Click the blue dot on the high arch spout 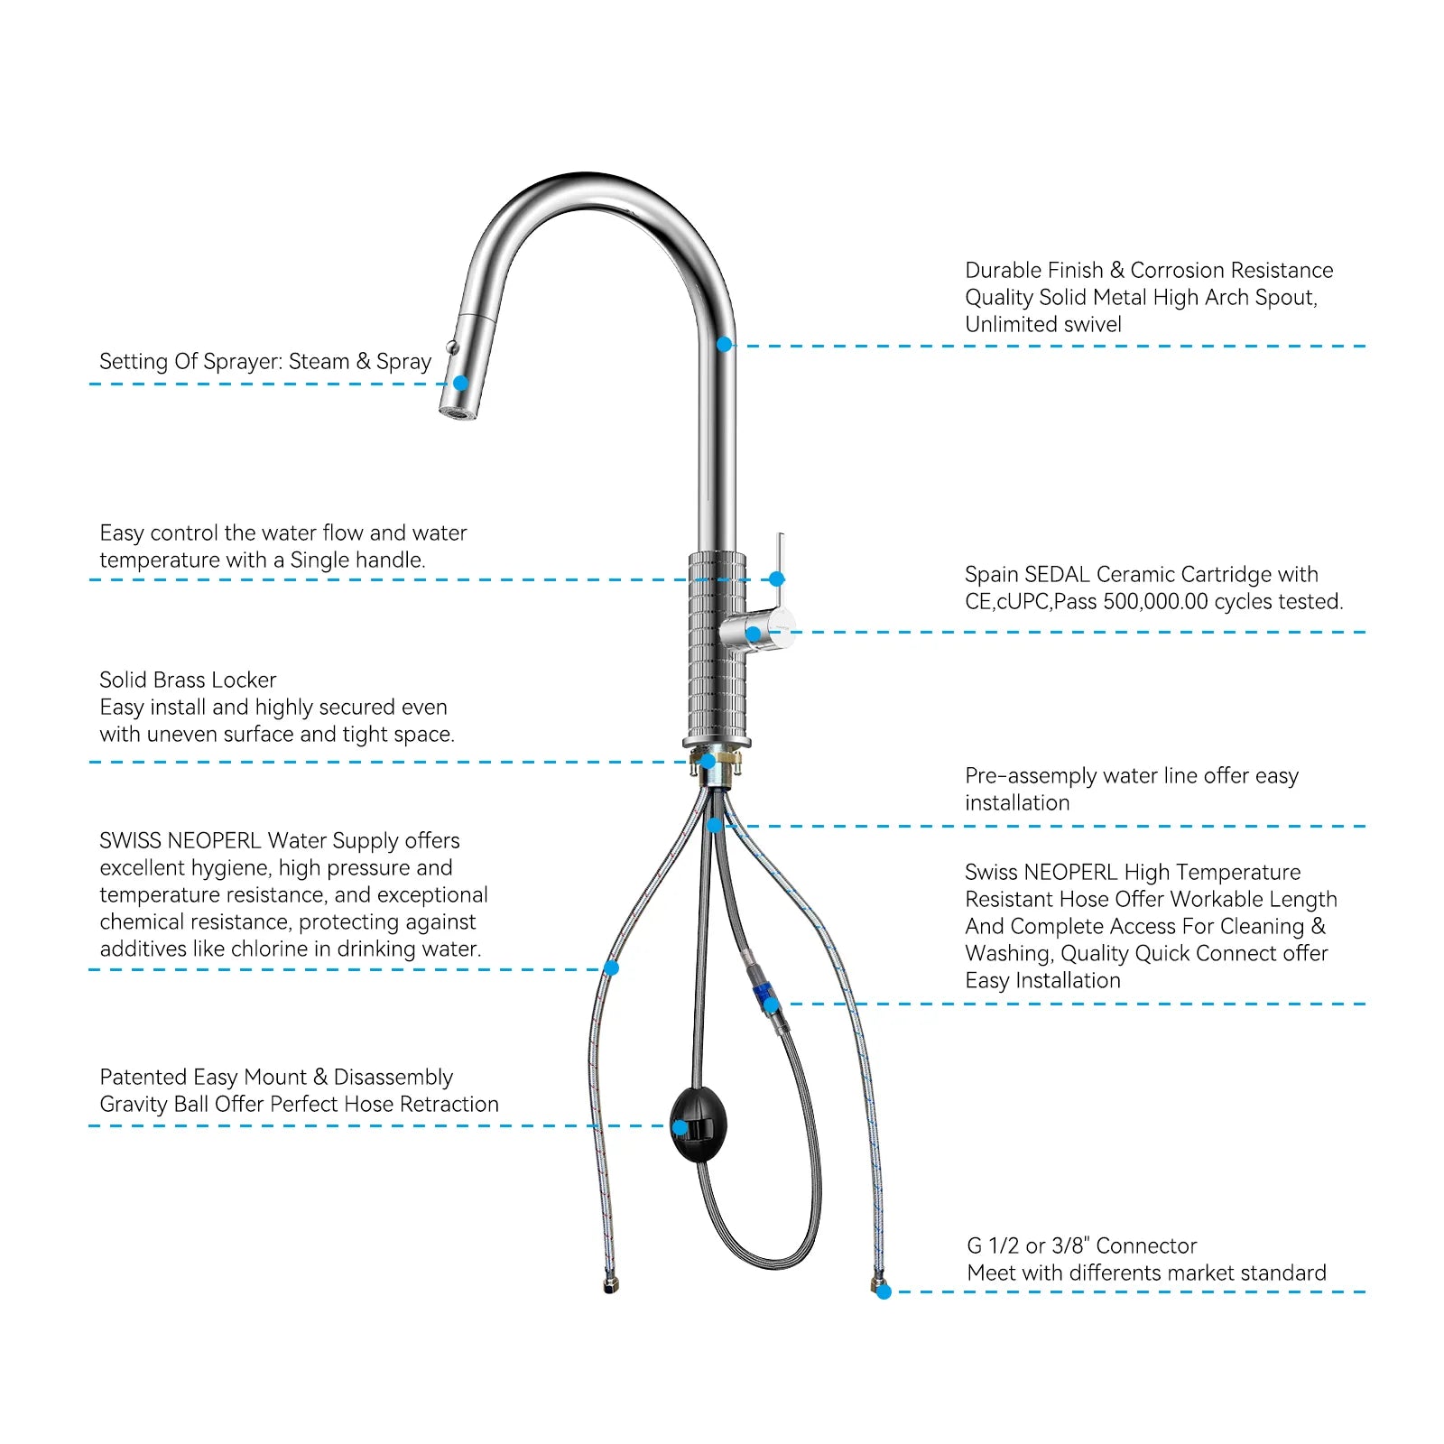tap(724, 345)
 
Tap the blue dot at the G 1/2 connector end tap(884, 1292)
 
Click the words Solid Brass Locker tap(188, 680)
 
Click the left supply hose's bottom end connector tap(610, 1285)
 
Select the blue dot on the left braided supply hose tap(611, 968)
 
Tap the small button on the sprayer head tap(452, 347)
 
